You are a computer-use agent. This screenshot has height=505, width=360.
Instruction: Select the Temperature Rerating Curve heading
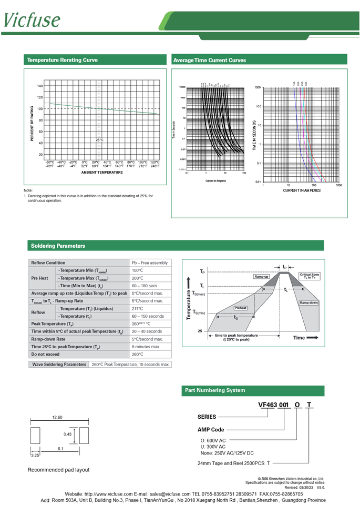62,60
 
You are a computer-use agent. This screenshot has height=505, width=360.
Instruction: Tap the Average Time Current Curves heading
209,60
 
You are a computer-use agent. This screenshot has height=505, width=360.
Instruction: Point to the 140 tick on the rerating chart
40,86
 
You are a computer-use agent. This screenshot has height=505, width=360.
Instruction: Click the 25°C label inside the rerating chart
99,140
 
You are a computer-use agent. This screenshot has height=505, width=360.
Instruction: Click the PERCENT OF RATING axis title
32,124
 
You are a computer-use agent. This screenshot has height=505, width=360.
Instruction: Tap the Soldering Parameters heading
58,246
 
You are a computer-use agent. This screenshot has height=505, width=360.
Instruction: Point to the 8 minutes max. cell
146,347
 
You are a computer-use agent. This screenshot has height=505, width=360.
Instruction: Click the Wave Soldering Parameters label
59,364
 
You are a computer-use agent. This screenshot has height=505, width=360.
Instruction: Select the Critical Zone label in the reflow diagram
309,276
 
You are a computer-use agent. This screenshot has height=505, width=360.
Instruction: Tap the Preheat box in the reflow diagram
241,308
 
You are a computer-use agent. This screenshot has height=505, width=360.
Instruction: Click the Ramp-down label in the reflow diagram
308,304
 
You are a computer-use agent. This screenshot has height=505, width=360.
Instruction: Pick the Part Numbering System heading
214,390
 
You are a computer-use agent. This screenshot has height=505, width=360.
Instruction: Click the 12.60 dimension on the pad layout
57,417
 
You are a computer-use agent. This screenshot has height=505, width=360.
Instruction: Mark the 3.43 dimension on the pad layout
67,434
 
